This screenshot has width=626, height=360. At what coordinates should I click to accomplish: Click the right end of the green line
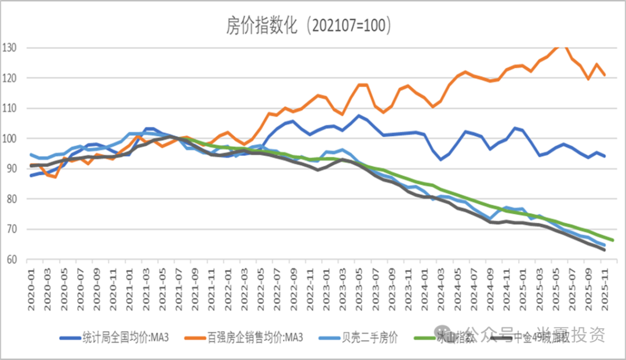613,240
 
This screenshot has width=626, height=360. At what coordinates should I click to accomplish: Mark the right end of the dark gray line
605,250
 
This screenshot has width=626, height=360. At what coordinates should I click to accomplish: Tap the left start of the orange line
31,166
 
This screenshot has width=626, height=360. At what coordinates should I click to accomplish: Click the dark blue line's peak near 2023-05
359,115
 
